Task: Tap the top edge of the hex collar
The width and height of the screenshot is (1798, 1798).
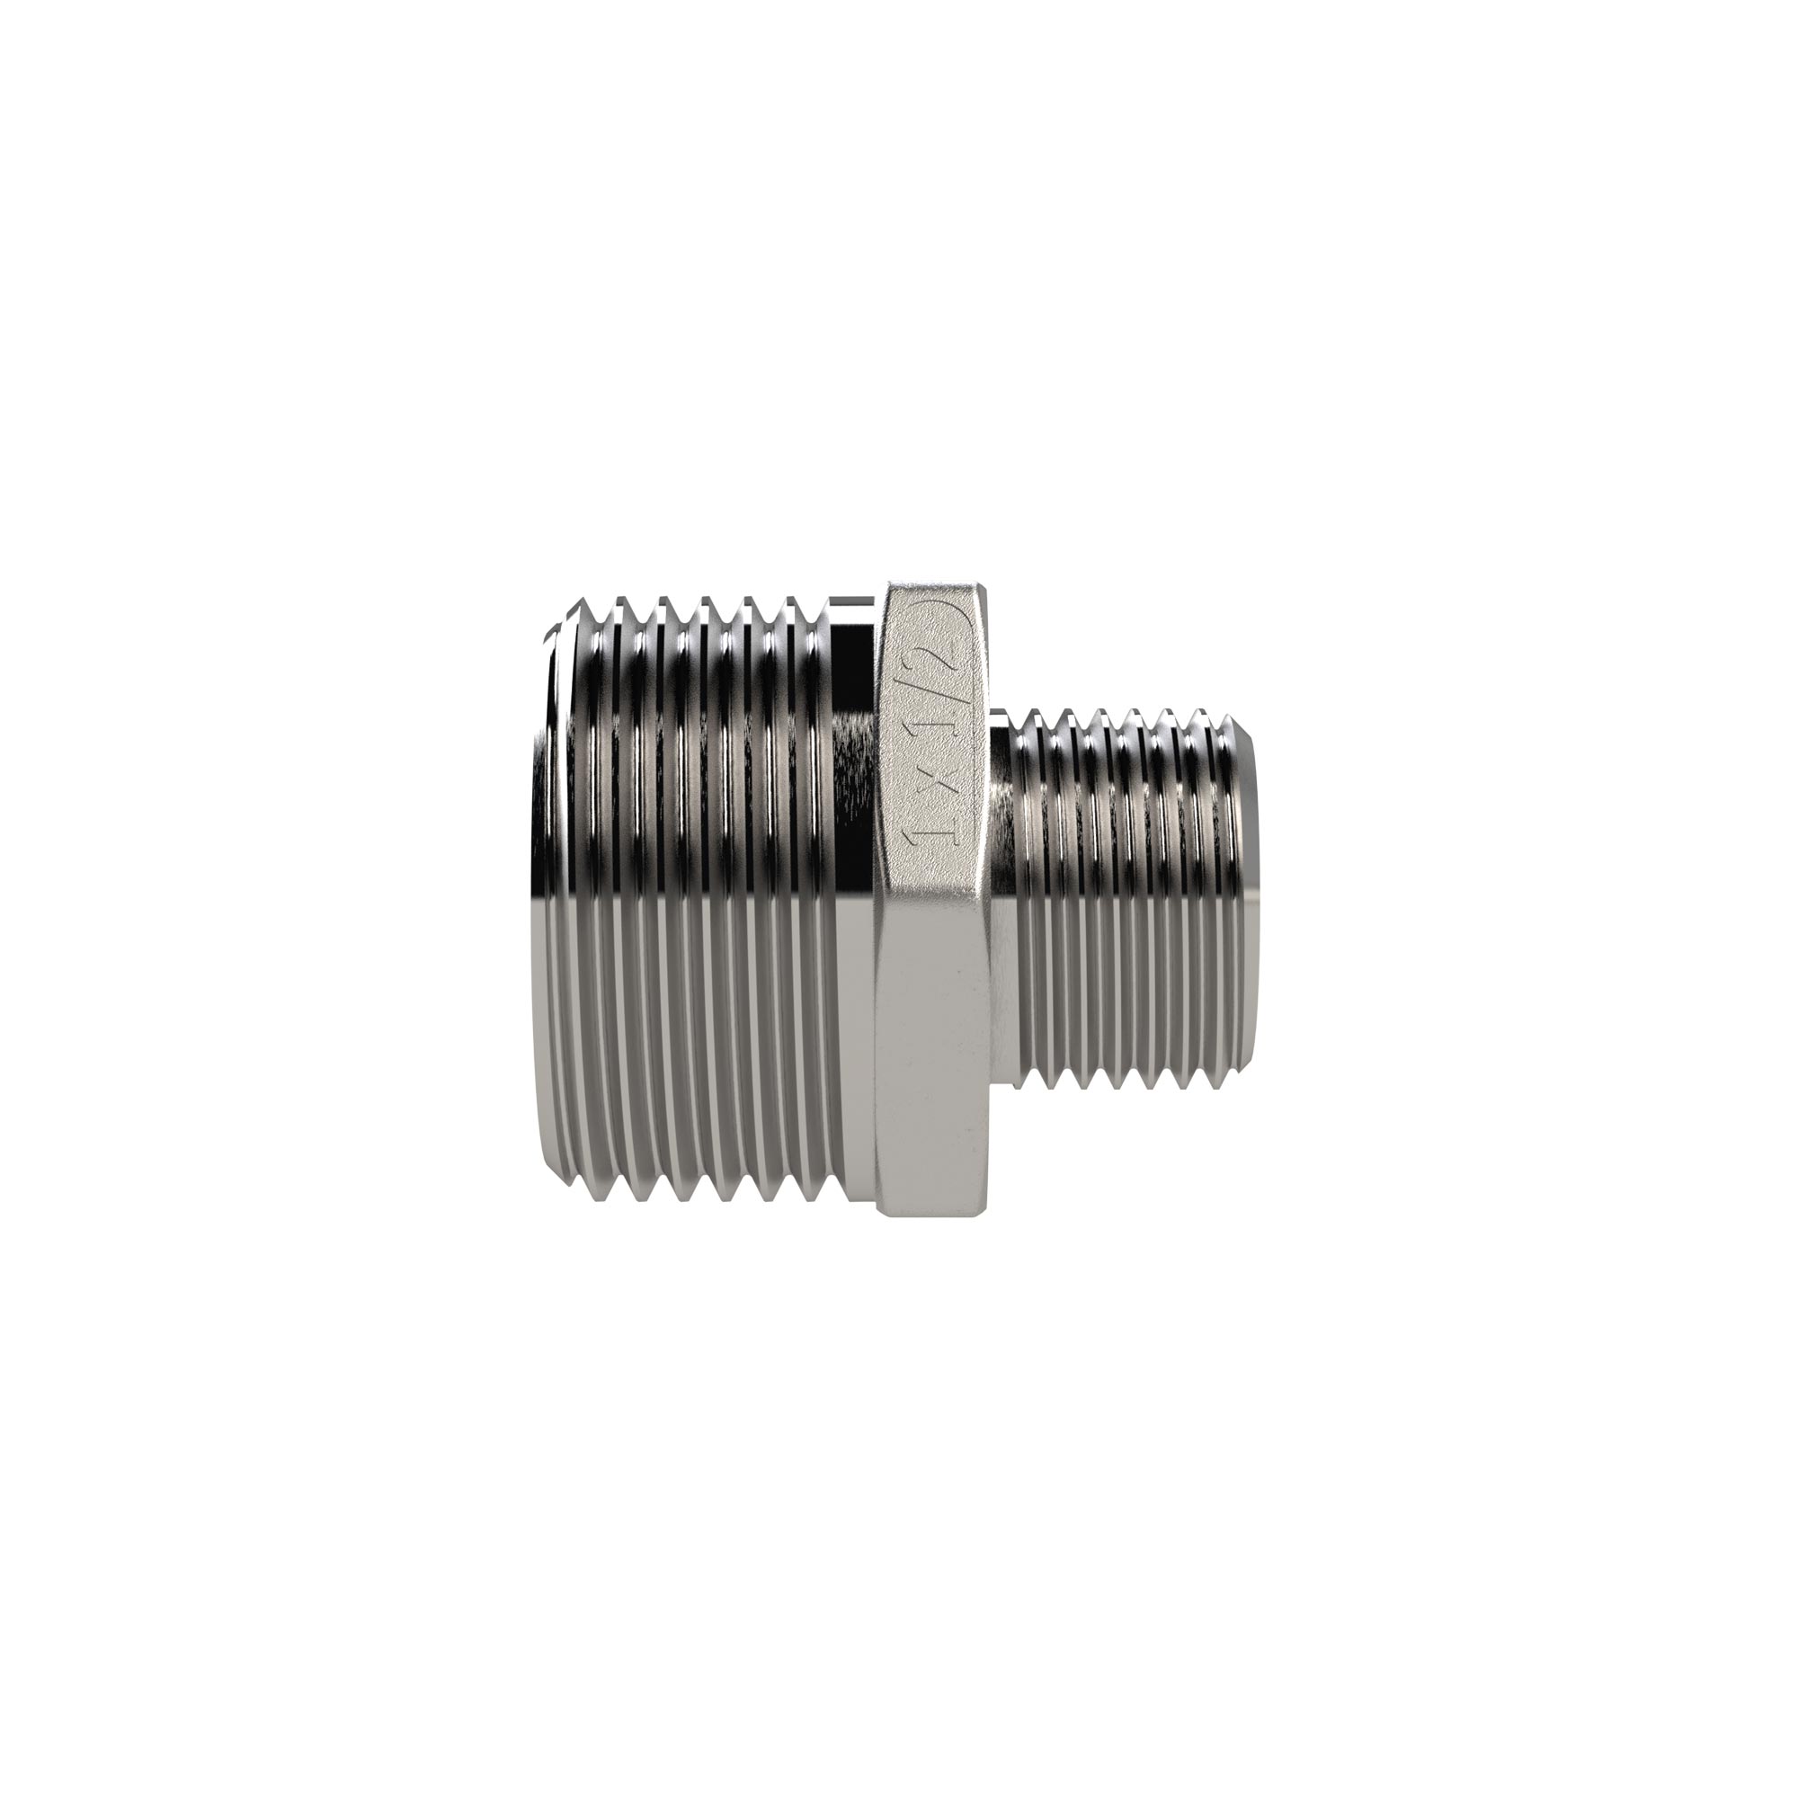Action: tap(934, 583)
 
